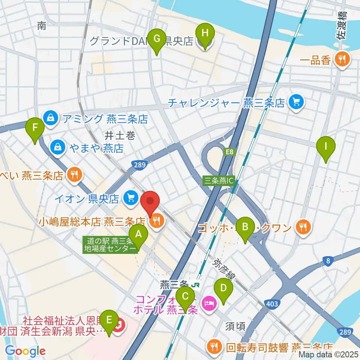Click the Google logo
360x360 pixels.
pos(25,351)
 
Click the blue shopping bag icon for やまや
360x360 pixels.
pos(58,147)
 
